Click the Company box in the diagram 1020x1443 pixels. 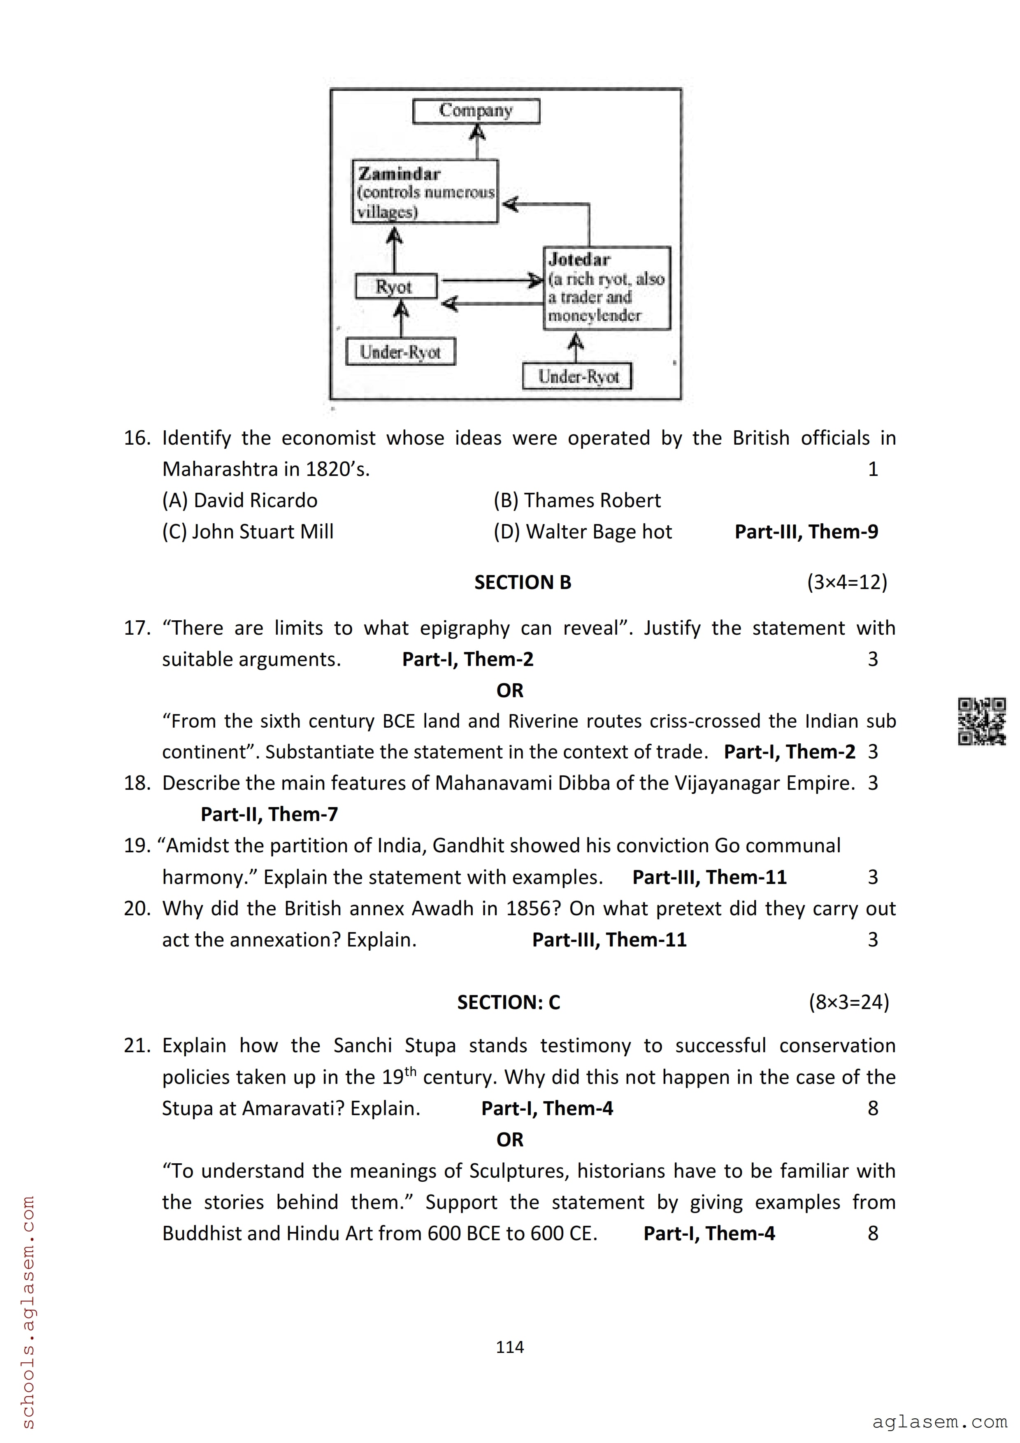(x=476, y=111)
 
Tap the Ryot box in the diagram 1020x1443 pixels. (x=395, y=287)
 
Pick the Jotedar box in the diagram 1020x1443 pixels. (x=606, y=288)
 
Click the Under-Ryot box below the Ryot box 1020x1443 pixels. (x=400, y=352)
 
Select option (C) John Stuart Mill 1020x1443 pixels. (x=248, y=532)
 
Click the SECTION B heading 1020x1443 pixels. (x=522, y=582)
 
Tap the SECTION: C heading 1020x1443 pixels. (x=509, y=1002)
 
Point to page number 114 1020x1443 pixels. (x=510, y=1347)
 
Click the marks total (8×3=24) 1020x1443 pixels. (x=848, y=1002)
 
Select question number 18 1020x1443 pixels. (x=136, y=783)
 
